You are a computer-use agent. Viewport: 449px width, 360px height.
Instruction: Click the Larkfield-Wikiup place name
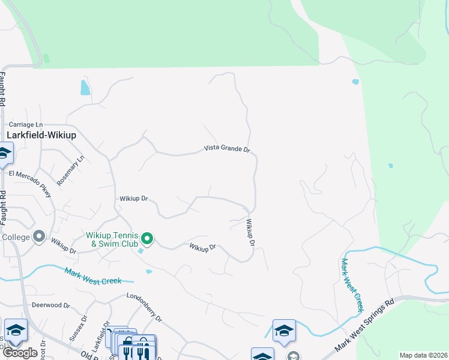point(41,135)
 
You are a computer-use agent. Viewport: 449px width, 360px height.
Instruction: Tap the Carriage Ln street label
point(26,124)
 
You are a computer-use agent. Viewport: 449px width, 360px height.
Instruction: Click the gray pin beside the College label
point(39,237)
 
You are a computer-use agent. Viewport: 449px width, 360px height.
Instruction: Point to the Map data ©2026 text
point(423,355)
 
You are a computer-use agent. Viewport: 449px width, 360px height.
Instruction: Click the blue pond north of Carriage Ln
point(85,88)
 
